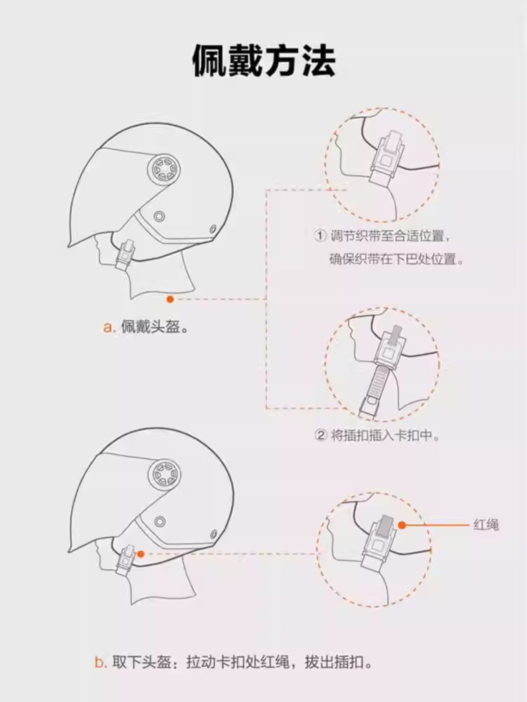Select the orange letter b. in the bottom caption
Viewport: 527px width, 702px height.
coord(100,663)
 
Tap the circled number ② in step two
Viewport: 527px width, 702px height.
coord(320,435)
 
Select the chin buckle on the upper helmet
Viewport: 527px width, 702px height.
coord(125,255)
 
